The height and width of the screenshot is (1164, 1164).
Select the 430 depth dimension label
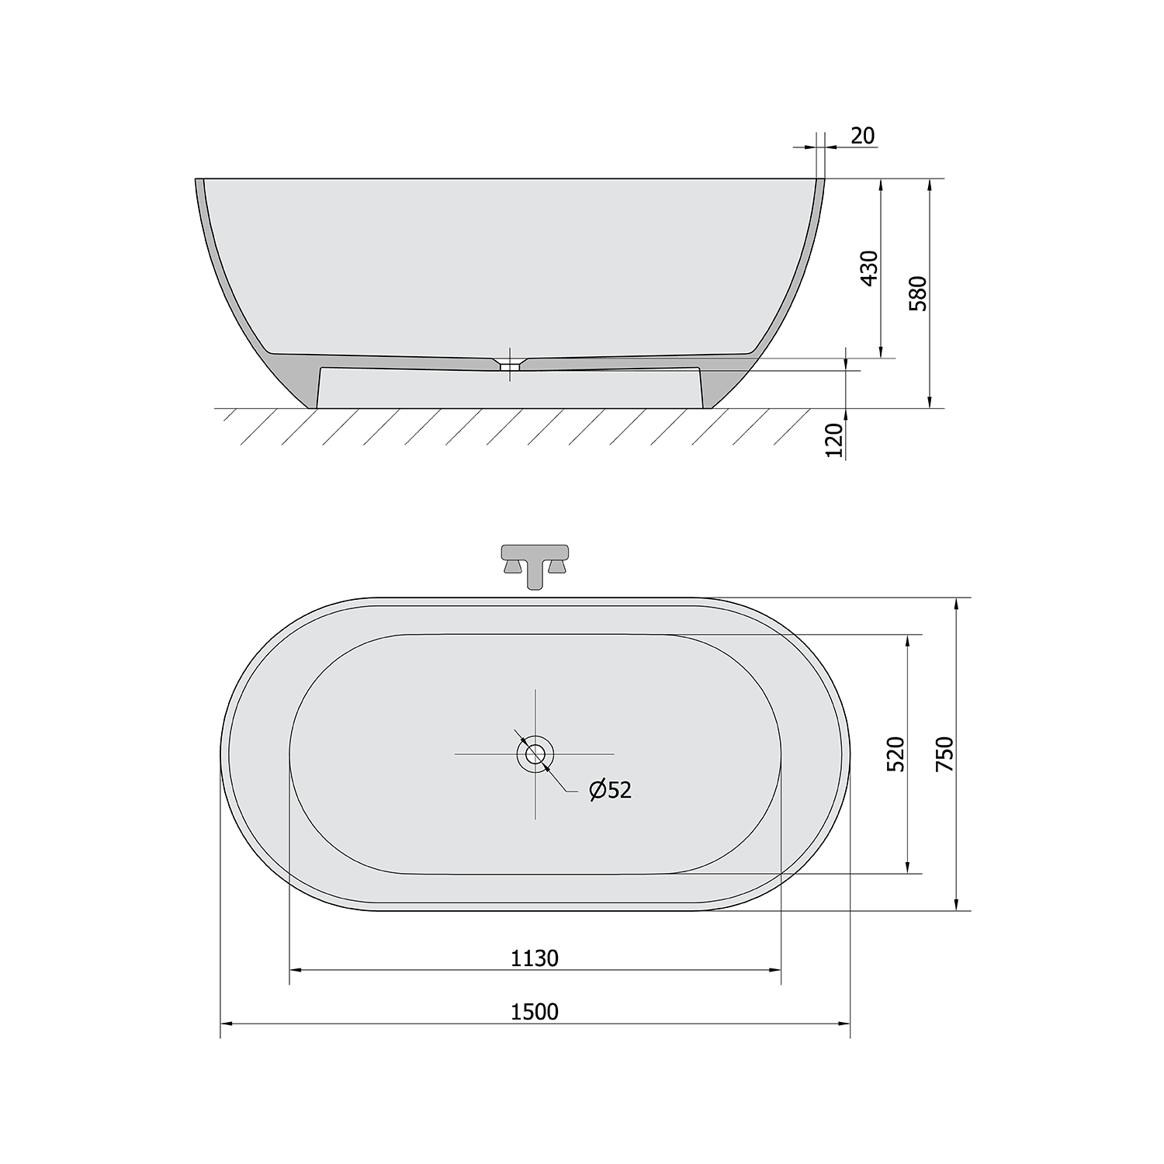pyautogui.click(x=870, y=268)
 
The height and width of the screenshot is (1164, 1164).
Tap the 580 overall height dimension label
pyautogui.click(x=918, y=293)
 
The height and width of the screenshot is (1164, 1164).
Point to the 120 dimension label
pyautogui.click(x=834, y=441)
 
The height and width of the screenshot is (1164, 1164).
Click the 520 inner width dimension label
pyautogui.click(x=896, y=753)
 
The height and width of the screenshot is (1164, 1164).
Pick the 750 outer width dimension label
pyautogui.click(x=944, y=753)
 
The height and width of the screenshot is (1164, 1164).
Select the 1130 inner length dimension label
pyautogui.click(x=535, y=958)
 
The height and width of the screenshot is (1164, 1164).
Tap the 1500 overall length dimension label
pyautogui.click(x=535, y=1012)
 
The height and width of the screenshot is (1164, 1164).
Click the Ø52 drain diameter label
pyautogui.click(x=611, y=790)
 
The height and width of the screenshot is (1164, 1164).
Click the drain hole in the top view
pyautogui.click(x=535, y=753)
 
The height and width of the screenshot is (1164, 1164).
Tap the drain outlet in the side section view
pyautogui.click(x=509, y=363)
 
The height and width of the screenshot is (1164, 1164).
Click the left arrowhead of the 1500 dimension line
pyautogui.click(x=227, y=1024)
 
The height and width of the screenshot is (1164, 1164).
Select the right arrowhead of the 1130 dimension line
pyautogui.click(x=775, y=970)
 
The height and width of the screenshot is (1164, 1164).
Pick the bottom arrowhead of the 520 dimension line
pyautogui.click(x=908, y=868)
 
